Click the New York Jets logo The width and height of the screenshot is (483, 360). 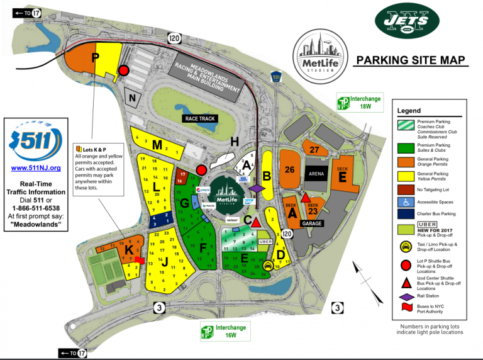[414, 23]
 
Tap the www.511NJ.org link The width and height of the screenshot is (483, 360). [36, 168]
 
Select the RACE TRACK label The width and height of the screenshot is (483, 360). [200, 118]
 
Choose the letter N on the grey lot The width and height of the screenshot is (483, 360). [132, 98]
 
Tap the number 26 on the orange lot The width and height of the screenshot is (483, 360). [289, 169]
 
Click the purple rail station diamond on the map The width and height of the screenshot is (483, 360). [256, 188]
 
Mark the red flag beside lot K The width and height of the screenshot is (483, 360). [140, 259]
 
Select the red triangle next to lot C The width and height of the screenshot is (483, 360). [257, 223]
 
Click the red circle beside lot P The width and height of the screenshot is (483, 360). [124, 70]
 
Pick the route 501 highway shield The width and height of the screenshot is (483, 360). [276, 77]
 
